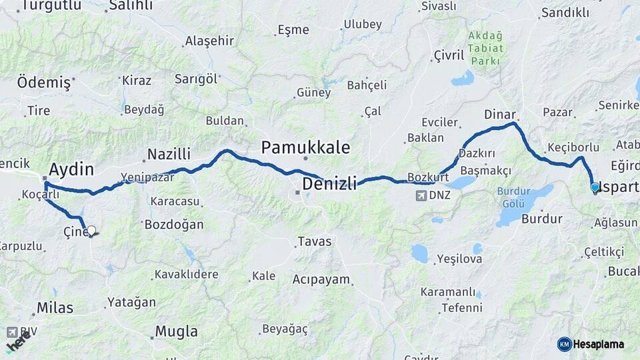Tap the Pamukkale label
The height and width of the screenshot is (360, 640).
(x=305, y=147)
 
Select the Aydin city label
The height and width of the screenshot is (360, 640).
(x=71, y=169)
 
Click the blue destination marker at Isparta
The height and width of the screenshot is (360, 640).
(x=595, y=187)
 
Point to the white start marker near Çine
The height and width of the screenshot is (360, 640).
(x=91, y=231)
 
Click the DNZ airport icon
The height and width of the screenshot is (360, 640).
(x=421, y=195)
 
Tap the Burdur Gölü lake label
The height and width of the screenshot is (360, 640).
(x=514, y=197)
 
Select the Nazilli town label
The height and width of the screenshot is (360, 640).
(x=169, y=155)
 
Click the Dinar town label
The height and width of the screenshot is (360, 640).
(x=500, y=114)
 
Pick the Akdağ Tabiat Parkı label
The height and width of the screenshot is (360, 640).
(x=485, y=48)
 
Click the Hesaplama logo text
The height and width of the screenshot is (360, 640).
(x=599, y=344)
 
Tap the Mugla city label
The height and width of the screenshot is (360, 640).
(x=176, y=331)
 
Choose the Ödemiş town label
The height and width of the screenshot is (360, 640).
(x=43, y=83)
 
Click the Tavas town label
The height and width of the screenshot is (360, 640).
(x=315, y=241)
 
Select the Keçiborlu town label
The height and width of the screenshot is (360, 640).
(x=573, y=147)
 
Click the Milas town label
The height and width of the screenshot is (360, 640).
(x=55, y=308)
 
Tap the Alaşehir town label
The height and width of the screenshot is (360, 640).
(x=209, y=41)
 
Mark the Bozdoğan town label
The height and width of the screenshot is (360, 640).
(x=174, y=225)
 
